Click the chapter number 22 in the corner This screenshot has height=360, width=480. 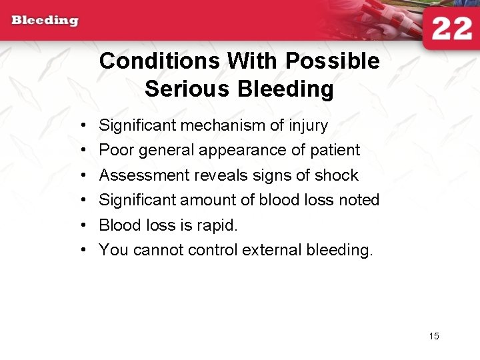click(x=451, y=29)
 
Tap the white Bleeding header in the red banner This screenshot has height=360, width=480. click(x=45, y=20)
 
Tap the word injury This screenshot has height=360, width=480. click(x=308, y=125)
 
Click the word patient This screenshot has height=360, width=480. click(x=335, y=150)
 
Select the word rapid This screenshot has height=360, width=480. click(x=217, y=225)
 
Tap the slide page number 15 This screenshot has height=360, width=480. click(x=434, y=336)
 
